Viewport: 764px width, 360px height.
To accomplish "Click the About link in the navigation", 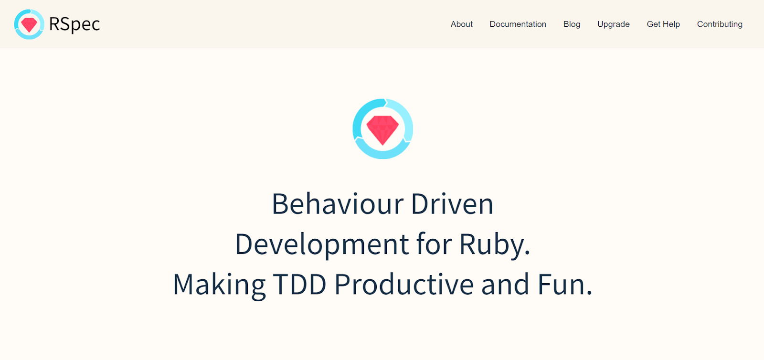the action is pyautogui.click(x=461, y=24).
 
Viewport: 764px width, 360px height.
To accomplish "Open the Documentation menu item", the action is pyautogui.click(x=518, y=24).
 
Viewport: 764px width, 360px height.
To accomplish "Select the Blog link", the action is pyautogui.click(x=572, y=24).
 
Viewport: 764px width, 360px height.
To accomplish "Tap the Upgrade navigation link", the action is pyautogui.click(x=613, y=24).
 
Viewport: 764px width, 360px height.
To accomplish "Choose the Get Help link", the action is pyautogui.click(x=663, y=24).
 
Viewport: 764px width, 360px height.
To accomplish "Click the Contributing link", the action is pyautogui.click(x=720, y=24).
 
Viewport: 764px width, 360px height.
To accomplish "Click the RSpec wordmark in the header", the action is pyautogui.click(x=74, y=24).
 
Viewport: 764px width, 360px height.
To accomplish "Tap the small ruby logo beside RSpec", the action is pyautogui.click(x=29, y=24).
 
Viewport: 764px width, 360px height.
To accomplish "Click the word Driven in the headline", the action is pyautogui.click(x=452, y=204).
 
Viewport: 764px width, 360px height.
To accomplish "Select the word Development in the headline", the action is pyautogui.click(x=322, y=244).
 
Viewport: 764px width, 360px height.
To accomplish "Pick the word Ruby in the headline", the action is pyautogui.click(x=495, y=244).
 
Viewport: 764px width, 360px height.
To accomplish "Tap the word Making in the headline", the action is pyautogui.click(x=220, y=284).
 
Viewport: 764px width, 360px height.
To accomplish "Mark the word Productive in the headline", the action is pyautogui.click(x=404, y=284).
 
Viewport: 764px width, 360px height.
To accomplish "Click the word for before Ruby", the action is pyautogui.click(x=434, y=244).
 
